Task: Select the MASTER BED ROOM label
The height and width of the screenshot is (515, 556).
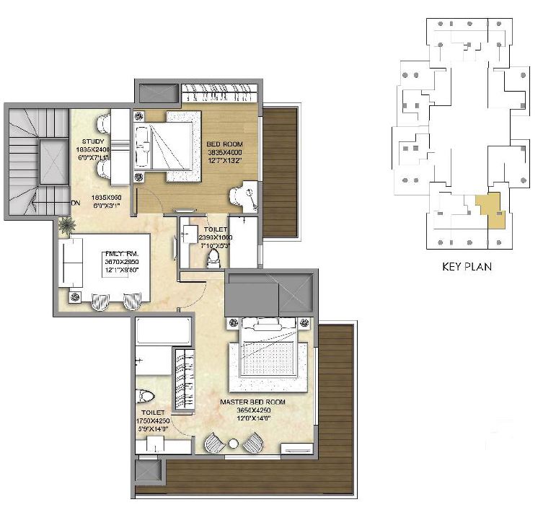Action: click(252, 402)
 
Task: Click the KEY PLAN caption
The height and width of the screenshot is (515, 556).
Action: click(467, 266)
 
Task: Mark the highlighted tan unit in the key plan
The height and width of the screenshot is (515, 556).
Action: click(493, 211)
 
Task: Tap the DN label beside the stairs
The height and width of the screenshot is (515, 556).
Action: click(76, 203)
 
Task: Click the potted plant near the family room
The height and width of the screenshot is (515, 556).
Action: click(67, 225)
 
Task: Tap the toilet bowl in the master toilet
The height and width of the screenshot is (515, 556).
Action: click(144, 397)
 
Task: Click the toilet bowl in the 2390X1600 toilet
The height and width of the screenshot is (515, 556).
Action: click(213, 260)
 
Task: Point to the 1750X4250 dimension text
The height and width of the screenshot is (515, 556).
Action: click(151, 421)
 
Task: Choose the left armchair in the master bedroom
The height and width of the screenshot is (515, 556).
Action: click(214, 441)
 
